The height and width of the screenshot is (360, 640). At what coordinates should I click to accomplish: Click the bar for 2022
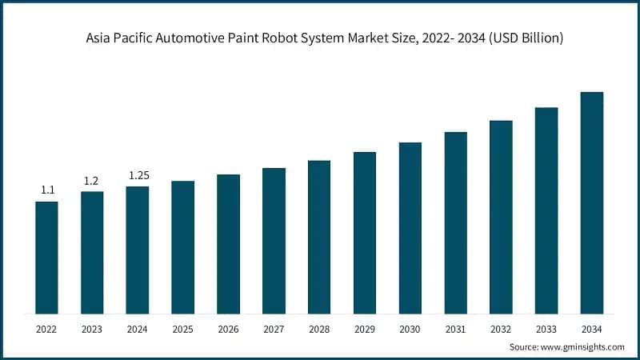coord(46,257)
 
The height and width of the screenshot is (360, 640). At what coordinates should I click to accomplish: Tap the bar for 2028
coord(319,237)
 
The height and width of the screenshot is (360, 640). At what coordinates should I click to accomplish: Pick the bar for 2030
coord(410,228)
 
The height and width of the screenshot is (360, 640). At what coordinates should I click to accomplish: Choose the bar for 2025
coord(183,246)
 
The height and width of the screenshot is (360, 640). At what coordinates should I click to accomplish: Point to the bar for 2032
coord(501,217)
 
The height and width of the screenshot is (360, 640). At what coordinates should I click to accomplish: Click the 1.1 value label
coord(47,190)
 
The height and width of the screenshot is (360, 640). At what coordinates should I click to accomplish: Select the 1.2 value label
coord(91,181)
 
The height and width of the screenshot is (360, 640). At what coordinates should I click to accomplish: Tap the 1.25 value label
coord(138,175)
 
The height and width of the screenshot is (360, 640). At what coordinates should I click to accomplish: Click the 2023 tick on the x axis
coord(92,328)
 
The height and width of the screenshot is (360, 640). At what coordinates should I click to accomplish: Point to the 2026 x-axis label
coord(228,328)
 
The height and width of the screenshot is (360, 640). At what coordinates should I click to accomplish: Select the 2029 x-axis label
coord(365,328)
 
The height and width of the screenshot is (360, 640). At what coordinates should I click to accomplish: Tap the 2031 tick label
coord(455,328)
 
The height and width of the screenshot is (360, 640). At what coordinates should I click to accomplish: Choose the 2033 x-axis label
coord(546,328)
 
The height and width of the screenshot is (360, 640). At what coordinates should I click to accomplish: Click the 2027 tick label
coord(274,328)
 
